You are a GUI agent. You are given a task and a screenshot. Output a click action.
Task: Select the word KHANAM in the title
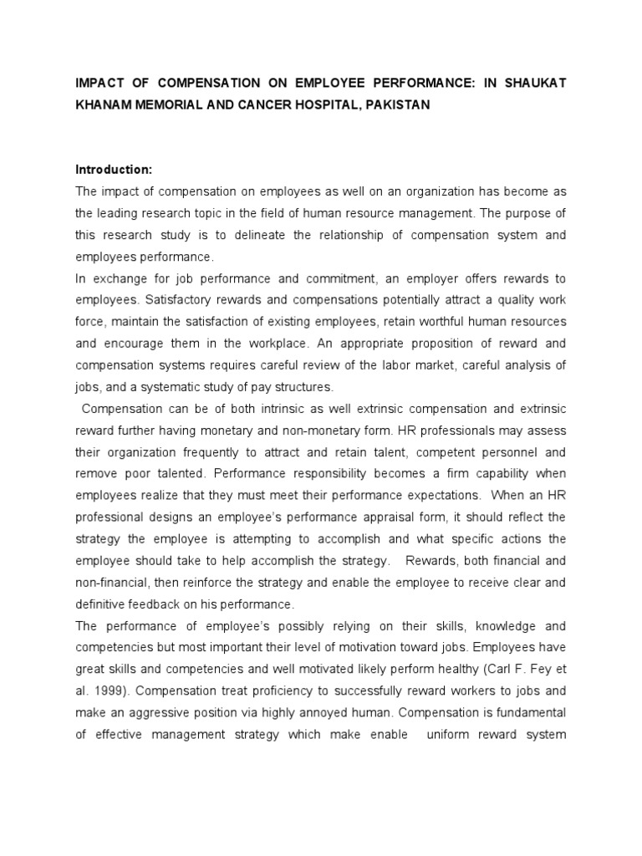click(x=105, y=106)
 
